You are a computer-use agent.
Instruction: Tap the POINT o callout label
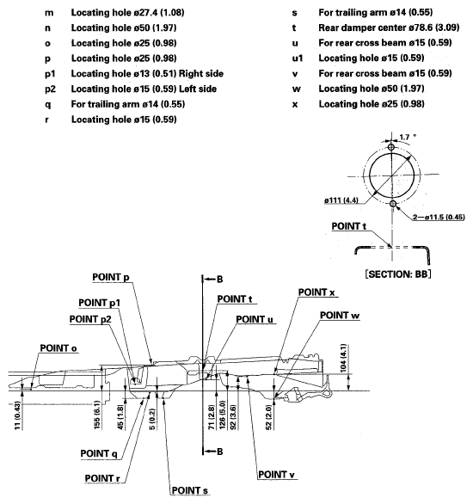[x=58, y=347]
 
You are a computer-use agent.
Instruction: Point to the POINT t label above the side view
[x=235, y=299]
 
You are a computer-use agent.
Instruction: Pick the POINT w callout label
[x=341, y=315]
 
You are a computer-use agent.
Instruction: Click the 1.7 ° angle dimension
[x=411, y=134]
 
